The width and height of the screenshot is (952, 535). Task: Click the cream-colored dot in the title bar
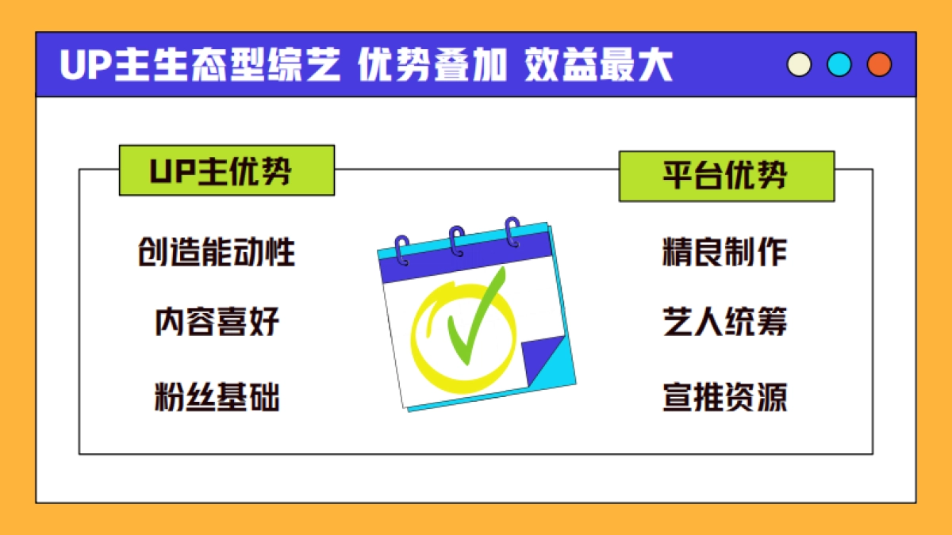point(799,65)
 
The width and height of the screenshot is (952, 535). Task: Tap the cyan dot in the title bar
point(839,65)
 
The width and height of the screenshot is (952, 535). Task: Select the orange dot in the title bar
point(879,65)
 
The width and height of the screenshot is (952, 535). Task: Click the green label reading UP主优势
point(226,170)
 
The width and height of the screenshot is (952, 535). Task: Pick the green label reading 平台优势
point(726,176)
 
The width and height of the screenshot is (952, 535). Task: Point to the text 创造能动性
point(217,252)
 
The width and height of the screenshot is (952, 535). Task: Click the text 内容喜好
point(217,323)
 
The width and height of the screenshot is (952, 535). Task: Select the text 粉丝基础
point(217,397)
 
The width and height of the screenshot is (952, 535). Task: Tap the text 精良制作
point(725,252)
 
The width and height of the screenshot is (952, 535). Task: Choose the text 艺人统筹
point(725,323)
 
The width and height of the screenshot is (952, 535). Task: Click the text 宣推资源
point(725,397)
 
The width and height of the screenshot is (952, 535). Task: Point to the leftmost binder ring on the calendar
point(402,250)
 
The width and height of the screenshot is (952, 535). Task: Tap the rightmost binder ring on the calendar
point(512,231)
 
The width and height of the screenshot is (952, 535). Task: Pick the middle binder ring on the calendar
point(457,241)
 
